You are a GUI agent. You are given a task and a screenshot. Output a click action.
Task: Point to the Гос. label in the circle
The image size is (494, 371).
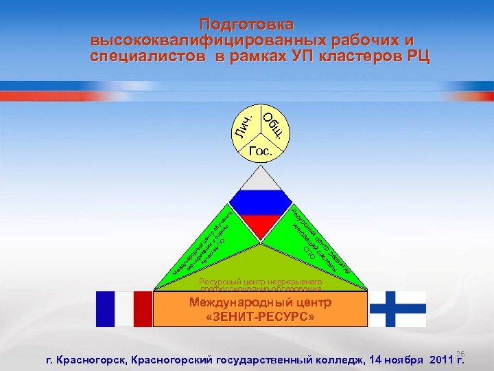[x=261, y=149]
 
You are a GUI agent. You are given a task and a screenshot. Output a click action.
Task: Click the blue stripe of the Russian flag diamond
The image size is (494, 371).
[x=260, y=203]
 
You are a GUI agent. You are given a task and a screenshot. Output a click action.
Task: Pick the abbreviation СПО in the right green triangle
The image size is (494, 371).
[x=309, y=254]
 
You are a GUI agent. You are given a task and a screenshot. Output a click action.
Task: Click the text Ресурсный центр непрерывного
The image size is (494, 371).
[x=260, y=282]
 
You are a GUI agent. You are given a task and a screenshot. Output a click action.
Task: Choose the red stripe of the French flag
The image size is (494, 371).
[x=143, y=309]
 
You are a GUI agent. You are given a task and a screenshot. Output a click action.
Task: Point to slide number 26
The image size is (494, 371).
[x=460, y=351]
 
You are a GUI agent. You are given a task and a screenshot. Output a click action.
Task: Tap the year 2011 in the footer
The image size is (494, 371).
[x=440, y=359]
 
